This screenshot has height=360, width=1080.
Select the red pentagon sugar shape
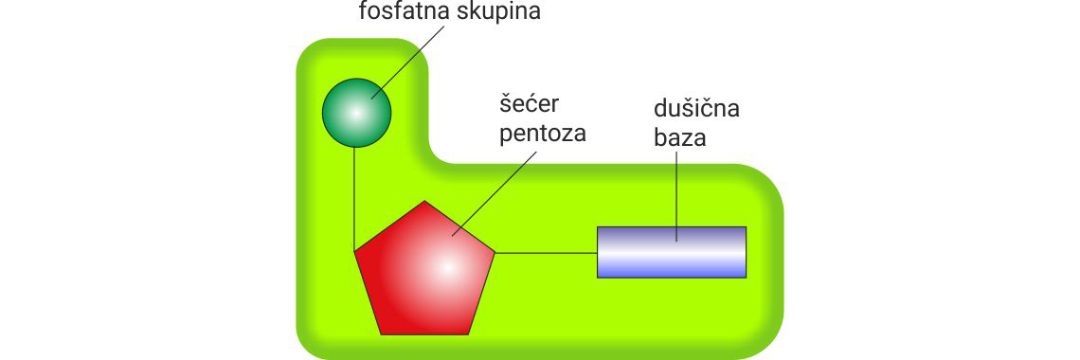point(425,270)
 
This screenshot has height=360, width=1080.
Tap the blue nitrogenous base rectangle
point(672,252)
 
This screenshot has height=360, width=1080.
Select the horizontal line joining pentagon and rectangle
point(546,253)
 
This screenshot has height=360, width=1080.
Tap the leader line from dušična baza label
point(676,189)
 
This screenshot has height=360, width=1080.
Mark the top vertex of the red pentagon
point(425,201)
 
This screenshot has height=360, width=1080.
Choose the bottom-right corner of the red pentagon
point(470,333)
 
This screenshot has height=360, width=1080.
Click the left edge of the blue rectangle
point(598,252)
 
